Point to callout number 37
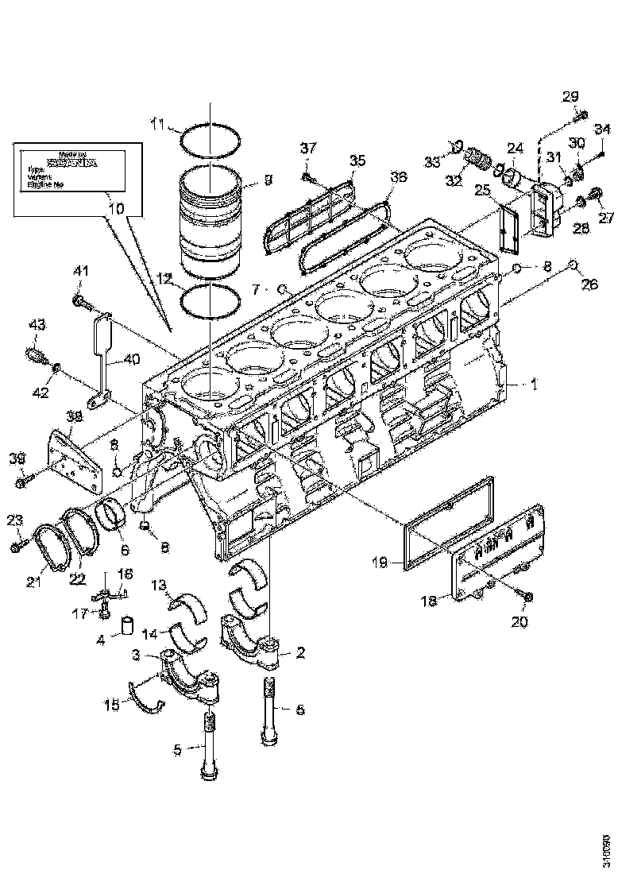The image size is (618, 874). [307, 148]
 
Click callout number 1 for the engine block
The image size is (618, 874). [535, 383]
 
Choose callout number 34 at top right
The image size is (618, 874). [601, 130]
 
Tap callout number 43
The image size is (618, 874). [37, 325]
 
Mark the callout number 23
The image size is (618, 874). [15, 521]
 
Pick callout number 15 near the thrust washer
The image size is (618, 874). [114, 705]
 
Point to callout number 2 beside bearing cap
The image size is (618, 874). [300, 653]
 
